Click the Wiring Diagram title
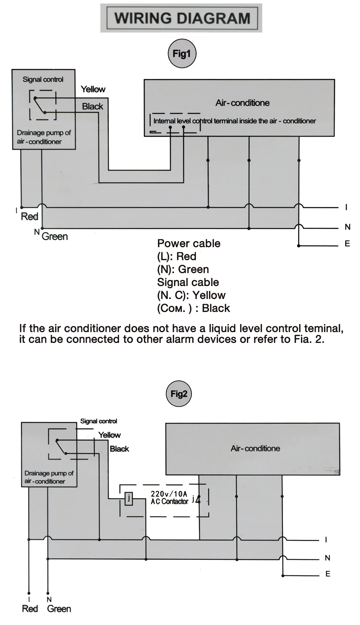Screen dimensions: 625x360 (x=182, y=18)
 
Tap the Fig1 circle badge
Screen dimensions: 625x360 (x=181, y=54)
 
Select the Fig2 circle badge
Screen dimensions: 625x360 (x=179, y=394)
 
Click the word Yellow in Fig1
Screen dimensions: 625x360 (x=93, y=89)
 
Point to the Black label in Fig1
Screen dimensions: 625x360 (x=93, y=107)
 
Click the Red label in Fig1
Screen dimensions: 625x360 (x=30, y=217)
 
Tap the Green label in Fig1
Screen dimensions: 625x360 (x=55, y=236)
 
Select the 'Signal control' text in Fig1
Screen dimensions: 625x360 (x=43, y=79)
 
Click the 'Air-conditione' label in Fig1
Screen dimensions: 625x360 (x=242, y=103)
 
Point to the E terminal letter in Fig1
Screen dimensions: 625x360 (x=347, y=244)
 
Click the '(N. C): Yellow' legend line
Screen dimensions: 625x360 (x=191, y=295)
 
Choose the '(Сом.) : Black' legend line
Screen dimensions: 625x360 (x=193, y=308)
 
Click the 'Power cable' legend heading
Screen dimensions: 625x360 (x=189, y=243)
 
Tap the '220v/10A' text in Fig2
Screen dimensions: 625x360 (x=169, y=494)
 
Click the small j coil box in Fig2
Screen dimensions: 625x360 (x=129, y=499)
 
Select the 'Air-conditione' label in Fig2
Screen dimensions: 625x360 (x=255, y=448)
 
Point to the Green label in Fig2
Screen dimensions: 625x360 (x=59, y=609)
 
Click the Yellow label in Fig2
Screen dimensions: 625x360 (x=109, y=435)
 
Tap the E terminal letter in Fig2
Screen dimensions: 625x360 (x=328, y=574)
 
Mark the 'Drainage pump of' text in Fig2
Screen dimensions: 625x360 (x=49, y=473)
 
